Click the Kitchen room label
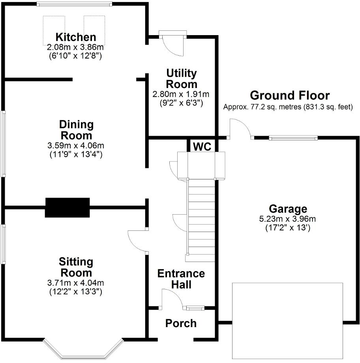tap(75, 37)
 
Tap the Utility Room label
tap(182, 79)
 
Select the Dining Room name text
tap(76, 130)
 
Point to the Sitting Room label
tap(76, 267)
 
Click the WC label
tap(202, 147)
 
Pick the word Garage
tap(288, 209)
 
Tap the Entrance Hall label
tap(181, 279)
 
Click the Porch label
tap(181, 324)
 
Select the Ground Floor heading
tap(290, 95)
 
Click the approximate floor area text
tap(288, 107)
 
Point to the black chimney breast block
tap(67, 208)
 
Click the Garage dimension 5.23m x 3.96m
tap(288, 219)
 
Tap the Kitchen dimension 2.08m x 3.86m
tap(75, 47)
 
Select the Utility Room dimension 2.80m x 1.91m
tap(181, 94)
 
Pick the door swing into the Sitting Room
tap(137, 240)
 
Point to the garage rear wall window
tap(293, 138)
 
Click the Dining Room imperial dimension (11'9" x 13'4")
tap(76, 155)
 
